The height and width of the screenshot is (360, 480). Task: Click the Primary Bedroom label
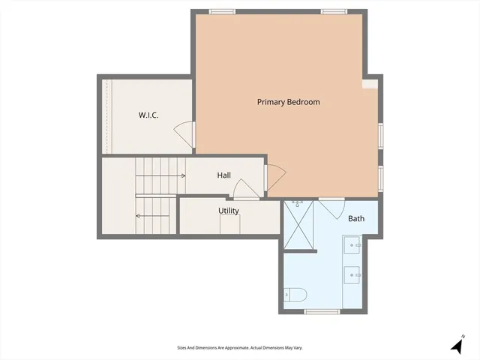pos(288,102)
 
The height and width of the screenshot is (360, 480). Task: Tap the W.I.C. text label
pos(148,115)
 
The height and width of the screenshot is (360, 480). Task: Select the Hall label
pos(223,175)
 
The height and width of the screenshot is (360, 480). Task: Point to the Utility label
pos(229,211)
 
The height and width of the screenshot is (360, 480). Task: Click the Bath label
pos(355,219)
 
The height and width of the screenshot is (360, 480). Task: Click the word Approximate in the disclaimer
pos(235,348)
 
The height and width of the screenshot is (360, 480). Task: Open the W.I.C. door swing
pos(184,135)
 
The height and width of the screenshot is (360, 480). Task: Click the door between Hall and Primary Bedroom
pos(274,177)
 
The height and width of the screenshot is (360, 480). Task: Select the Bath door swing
pos(331,206)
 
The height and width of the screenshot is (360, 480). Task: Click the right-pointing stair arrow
pos(161,175)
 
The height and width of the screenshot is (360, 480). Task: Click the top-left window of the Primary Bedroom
pos(221,11)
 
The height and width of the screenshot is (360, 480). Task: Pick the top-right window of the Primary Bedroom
pos(334,11)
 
